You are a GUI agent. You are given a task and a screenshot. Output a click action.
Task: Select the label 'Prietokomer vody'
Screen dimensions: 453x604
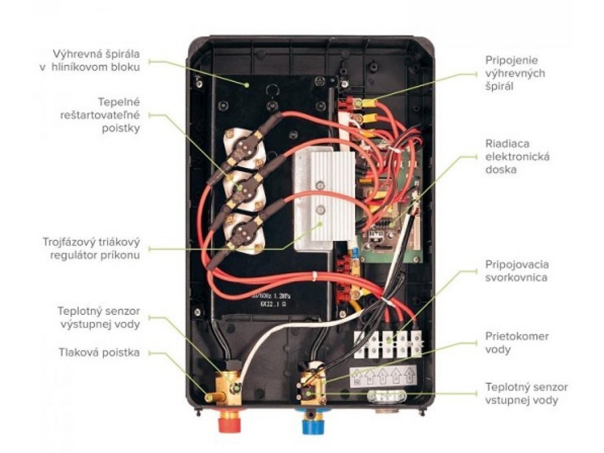[x=517, y=342]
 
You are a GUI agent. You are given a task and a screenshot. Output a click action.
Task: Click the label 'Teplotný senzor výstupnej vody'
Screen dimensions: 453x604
[x=99, y=317]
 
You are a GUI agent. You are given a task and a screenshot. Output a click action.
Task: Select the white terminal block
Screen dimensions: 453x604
[x=389, y=343]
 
